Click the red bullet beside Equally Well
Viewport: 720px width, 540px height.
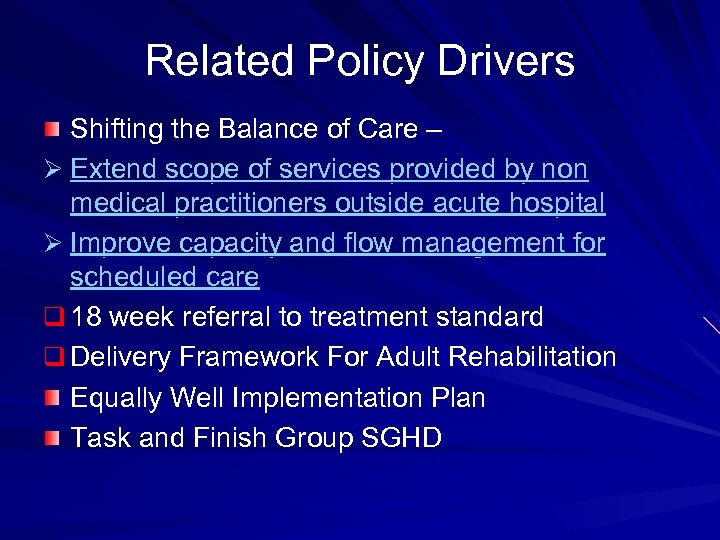(51, 399)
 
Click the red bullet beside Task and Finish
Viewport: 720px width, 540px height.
(51, 439)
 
